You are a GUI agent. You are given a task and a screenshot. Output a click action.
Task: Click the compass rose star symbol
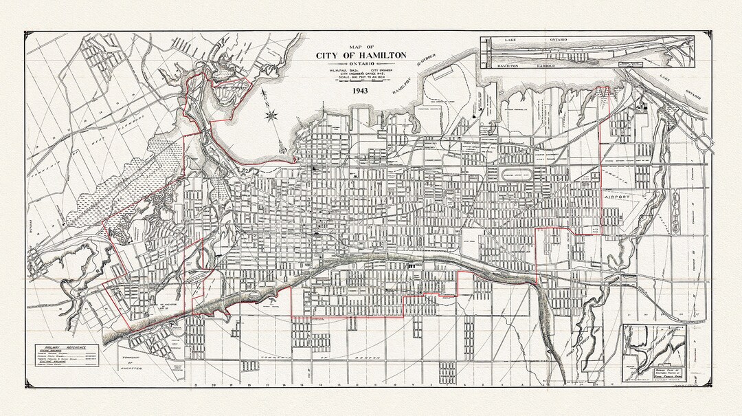pos(272,115)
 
